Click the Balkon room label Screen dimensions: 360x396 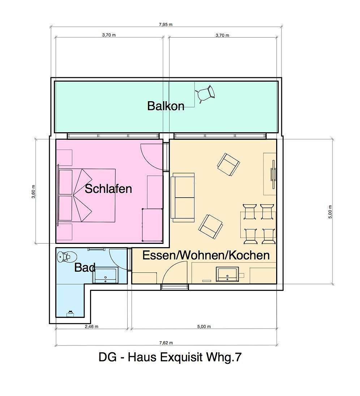coord(166,106)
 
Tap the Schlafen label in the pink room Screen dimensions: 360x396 coord(108,189)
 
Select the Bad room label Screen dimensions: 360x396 coord(85,267)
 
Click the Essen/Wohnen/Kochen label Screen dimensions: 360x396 coord(206,255)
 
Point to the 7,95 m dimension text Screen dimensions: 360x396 coord(166,25)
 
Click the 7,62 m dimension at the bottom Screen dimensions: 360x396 coord(166,343)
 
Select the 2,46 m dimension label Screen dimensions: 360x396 coord(91,327)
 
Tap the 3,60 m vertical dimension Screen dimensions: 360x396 coord(34,191)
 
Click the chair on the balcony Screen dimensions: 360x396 coord(205,94)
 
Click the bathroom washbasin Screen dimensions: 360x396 coord(105,275)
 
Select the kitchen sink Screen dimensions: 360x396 coord(227,274)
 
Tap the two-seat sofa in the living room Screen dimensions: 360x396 coord(183,197)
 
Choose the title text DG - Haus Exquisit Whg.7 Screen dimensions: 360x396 coord(170,357)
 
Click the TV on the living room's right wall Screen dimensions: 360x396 coord(273,174)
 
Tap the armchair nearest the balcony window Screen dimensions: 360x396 coord(228,164)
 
